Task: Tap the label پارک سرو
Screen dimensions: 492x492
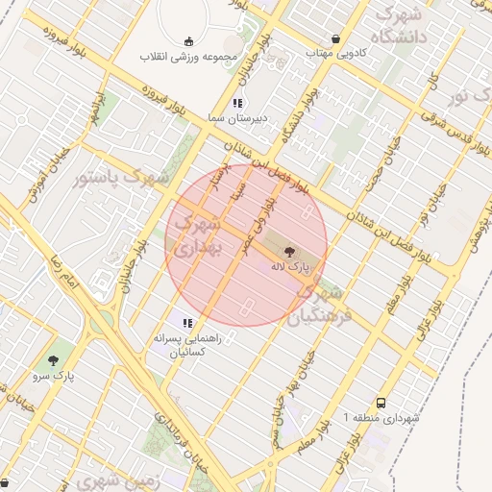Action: (x=53, y=378)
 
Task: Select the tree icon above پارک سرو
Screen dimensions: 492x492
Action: (x=54, y=360)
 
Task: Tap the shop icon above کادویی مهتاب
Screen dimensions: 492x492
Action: (x=333, y=39)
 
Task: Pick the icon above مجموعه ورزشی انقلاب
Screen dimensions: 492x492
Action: (x=188, y=40)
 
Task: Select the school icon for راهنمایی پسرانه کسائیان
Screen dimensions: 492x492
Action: (x=188, y=324)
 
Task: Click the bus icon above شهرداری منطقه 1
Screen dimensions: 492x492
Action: (x=381, y=404)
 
